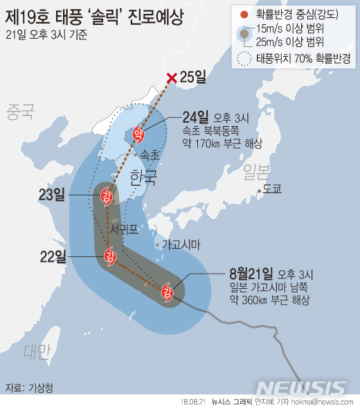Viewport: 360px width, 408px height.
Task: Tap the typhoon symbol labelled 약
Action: click(x=138, y=134)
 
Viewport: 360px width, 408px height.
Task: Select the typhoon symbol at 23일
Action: click(x=107, y=196)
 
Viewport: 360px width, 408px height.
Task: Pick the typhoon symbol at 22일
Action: click(x=109, y=256)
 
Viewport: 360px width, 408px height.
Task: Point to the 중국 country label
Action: click(x=21, y=110)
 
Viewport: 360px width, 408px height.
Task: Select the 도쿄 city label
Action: click(x=271, y=189)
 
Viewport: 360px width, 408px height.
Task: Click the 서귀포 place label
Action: click(x=125, y=227)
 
